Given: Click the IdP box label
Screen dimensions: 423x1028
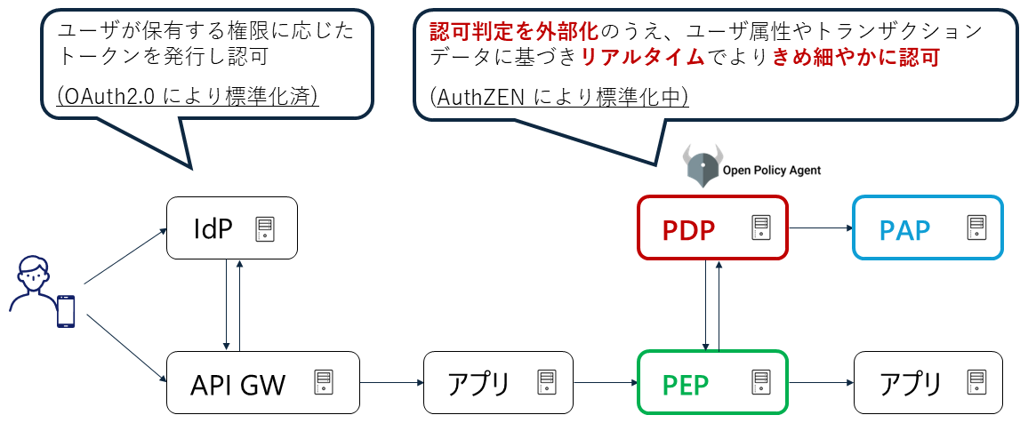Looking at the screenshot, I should click(213, 229).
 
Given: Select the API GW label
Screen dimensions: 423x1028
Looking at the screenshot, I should click(238, 385).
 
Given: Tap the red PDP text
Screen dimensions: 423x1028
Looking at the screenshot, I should click(688, 230).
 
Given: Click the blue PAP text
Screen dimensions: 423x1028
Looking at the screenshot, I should click(904, 230).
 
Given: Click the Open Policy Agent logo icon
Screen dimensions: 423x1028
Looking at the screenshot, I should click(702, 166).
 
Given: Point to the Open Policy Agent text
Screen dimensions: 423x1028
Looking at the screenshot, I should click(772, 170).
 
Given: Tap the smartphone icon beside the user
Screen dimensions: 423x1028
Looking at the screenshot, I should click(66, 311).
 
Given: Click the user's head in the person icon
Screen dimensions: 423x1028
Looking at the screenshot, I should click(32, 272).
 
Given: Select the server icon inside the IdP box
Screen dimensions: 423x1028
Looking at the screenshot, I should click(264, 229).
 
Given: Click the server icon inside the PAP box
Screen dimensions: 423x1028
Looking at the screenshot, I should click(976, 229).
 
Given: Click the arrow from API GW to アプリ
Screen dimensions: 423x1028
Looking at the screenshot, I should click(391, 383).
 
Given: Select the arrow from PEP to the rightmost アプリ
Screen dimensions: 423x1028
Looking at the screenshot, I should click(820, 383).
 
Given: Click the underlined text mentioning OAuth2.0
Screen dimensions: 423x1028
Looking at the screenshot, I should click(188, 97).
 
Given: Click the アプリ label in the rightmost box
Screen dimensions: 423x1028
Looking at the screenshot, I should click(910, 385).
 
